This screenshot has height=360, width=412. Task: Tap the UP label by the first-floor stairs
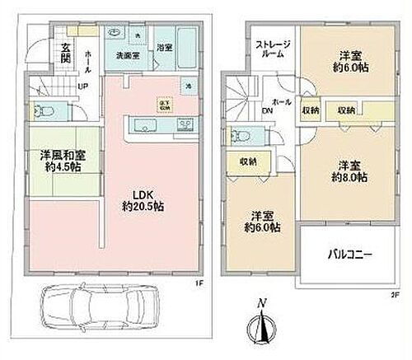pos(82,85)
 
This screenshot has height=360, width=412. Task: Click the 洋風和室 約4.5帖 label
pos(58,159)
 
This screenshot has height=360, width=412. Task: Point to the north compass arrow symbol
pos(262,326)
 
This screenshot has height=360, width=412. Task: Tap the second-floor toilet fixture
pos(241,136)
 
